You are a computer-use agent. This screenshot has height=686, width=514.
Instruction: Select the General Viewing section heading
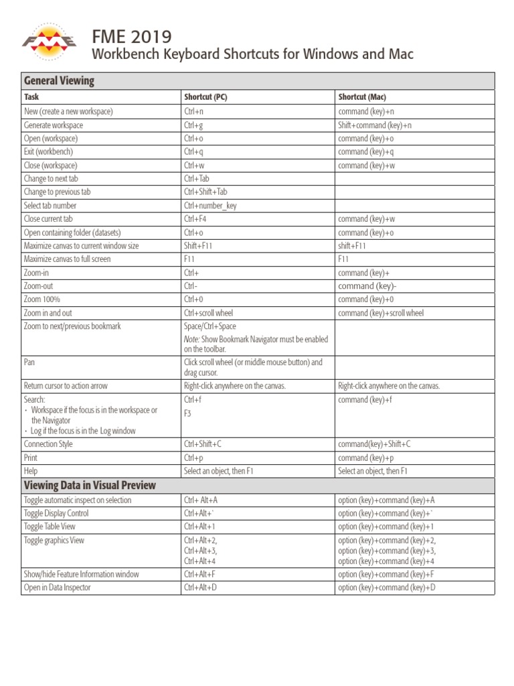(x=59, y=81)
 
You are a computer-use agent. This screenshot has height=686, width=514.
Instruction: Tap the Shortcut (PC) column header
(x=205, y=97)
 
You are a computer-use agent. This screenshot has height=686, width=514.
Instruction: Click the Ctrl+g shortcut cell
(x=193, y=125)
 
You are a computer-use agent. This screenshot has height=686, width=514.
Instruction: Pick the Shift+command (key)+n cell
(x=375, y=125)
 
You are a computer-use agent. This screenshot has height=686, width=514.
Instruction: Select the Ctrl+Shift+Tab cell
(x=205, y=192)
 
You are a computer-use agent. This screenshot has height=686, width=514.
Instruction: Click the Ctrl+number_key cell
(x=210, y=206)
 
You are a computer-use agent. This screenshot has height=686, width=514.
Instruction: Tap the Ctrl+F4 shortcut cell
(x=195, y=219)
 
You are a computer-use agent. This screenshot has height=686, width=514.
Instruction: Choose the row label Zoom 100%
(x=42, y=299)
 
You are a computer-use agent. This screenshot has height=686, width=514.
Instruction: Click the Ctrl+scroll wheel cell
(x=208, y=313)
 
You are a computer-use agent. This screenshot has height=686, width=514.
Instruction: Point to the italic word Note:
(x=192, y=340)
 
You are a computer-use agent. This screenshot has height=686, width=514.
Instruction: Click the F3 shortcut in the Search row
(x=187, y=413)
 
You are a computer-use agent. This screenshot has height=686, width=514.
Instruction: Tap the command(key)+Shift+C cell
(x=374, y=444)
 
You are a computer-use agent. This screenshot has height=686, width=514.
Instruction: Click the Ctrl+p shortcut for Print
(x=193, y=458)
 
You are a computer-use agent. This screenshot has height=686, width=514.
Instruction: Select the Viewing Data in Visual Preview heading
(x=90, y=486)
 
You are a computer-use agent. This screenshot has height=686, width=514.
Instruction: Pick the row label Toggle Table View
(x=50, y=527)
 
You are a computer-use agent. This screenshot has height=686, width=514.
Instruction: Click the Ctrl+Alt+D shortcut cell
(x=200, y=588)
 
